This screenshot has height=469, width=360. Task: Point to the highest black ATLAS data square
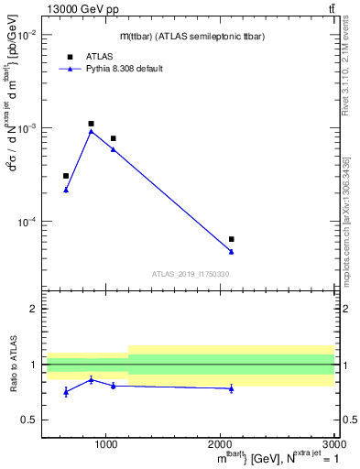pos(91,124)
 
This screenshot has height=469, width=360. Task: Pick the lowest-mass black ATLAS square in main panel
pos(66,176)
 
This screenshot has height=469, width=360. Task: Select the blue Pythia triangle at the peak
pos(91,131)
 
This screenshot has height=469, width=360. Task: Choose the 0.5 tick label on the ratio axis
pos(32,420)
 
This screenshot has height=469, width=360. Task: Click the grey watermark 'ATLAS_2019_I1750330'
pos(191,273)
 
